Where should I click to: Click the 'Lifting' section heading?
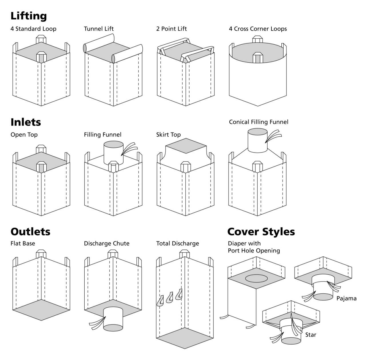(x=29, y=16)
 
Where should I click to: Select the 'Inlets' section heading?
(x=26, y=122)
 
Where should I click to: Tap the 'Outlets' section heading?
(x=30, y=232)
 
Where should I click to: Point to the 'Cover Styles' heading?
(x=261, y=232)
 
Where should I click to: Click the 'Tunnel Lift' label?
(x=99, y=29)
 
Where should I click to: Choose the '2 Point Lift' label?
(x=171, y=29)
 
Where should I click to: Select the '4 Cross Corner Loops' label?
(x=258, y=29)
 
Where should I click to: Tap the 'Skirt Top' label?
(x=168, y=135)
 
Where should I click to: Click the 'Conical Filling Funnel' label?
(x=258, y=122)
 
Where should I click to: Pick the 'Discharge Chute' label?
(x=106, y=244)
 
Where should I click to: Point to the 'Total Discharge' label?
(x=177, y=244)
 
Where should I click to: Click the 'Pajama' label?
(x=346, y=298)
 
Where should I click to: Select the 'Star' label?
(x=311, y=335)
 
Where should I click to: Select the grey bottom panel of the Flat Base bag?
(x=41, y=310)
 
